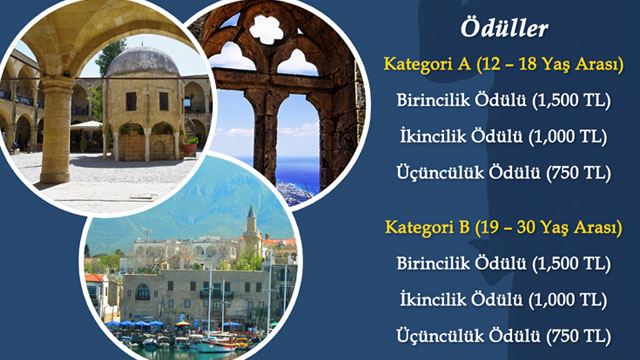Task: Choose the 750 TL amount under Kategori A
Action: [x=579, y=172]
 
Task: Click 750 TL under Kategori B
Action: [x=579, y=334]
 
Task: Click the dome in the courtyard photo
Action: [x=142, y=62]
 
